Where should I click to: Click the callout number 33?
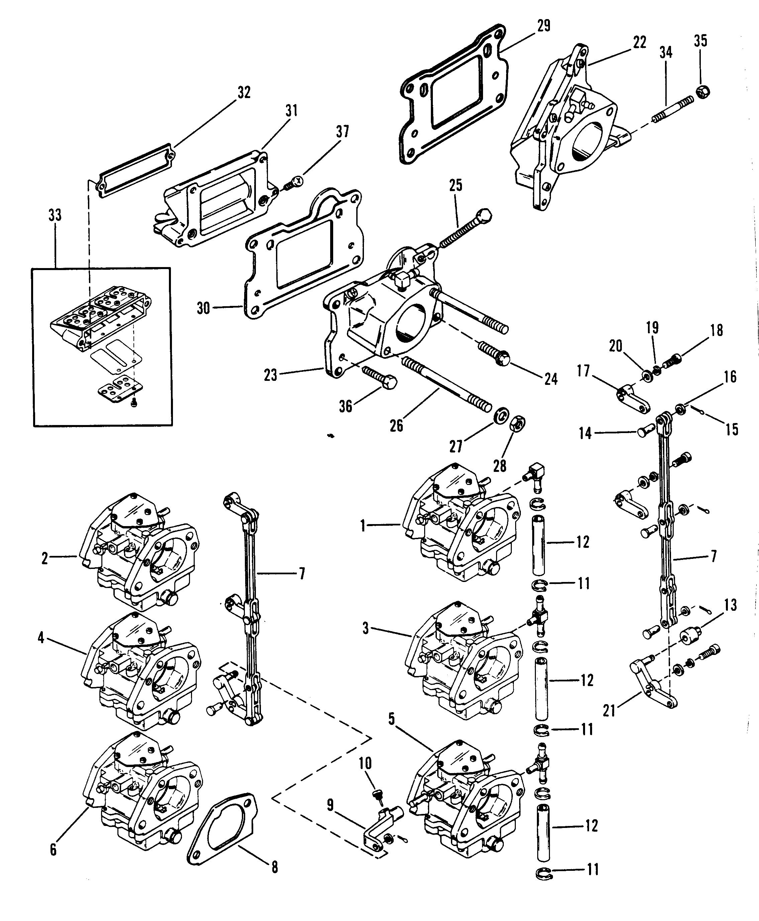pos(55,215)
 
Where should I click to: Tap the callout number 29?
pos(544,26)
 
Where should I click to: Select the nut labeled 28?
pos(518,423)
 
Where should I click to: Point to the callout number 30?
pos(203,308)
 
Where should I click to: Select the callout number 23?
pos(271,375)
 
